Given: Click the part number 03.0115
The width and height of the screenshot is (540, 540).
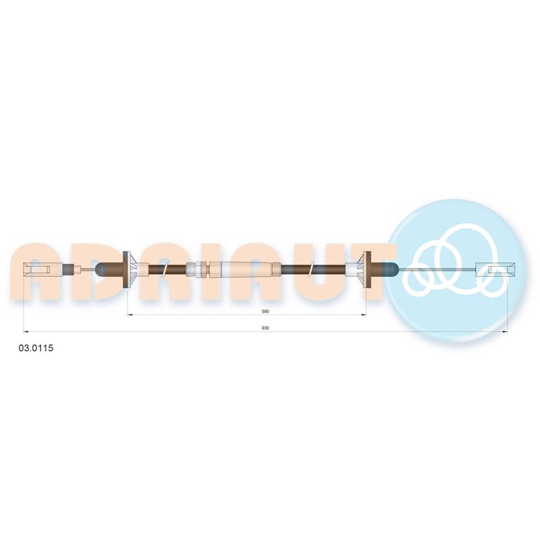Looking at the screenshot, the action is (x=36, y=348).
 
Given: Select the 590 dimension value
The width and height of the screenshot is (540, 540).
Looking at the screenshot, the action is (x=265, y=311).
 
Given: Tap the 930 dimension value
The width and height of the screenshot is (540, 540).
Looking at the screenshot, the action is (x=265, y=328).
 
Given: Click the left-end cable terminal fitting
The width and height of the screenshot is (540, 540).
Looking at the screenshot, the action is (x=37, y=269).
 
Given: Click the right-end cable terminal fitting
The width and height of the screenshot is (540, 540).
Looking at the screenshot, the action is (x=495, y=268).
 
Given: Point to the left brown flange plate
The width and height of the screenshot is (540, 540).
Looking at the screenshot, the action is (x=126, y=269).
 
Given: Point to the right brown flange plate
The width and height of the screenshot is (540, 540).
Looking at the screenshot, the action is (x=367, y=269).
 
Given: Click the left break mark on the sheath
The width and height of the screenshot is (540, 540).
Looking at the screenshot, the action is (x=165, y=269).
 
